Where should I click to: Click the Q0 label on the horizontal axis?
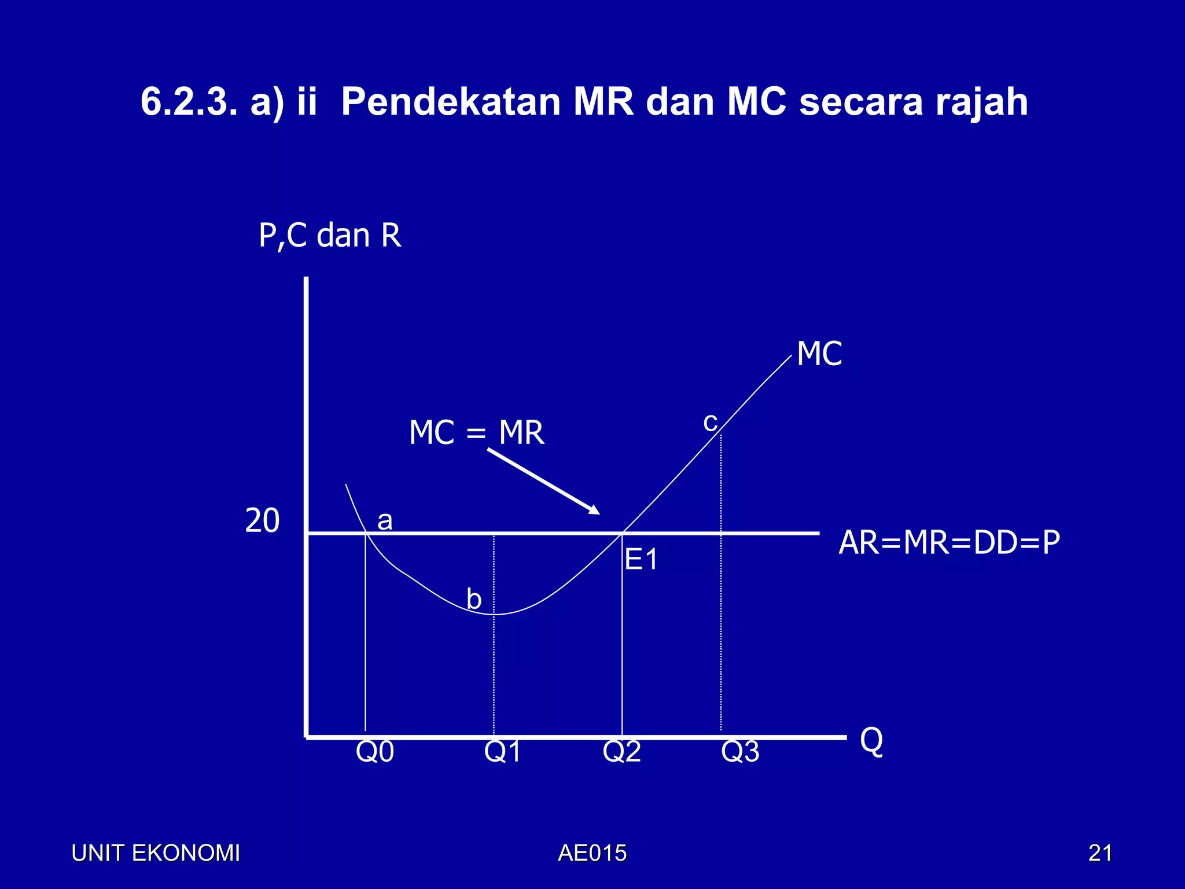tap(374, 752)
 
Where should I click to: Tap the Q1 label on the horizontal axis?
tap(502, 752)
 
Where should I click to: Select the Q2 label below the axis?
tap(621, 752)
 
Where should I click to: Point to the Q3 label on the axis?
tap(740, 752)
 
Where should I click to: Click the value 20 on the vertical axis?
tap(262, 520)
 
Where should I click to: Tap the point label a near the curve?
tap(385, 520)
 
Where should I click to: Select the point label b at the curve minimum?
tap(474, 598)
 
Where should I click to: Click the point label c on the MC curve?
tap(710, 422)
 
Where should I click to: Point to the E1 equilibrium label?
tap(641, 560)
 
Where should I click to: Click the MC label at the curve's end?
tap(819, 354)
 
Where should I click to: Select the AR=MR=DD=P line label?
tap(949, 543)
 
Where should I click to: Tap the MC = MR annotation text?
tap(476, 432)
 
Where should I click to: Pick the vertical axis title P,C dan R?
tap(330, 236)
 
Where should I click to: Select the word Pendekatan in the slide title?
tap(451, 102)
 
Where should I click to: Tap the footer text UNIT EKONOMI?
tap(155, 853)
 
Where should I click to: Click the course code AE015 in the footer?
tap(592, 853)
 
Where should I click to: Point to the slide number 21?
tap(1100, 853)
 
